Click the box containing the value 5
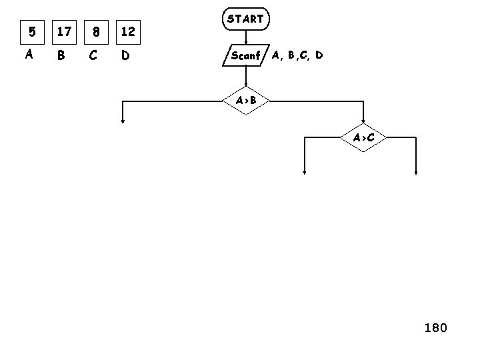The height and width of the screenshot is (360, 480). [30, 31]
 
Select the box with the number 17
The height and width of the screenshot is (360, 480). [65, 31]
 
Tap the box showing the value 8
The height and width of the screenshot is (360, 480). [97, 31]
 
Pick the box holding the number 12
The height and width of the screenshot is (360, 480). [129, 31]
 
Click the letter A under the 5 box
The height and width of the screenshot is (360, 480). [29, 55]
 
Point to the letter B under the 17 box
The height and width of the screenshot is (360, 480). [61, 55]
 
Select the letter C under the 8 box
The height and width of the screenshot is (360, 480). [93, 55]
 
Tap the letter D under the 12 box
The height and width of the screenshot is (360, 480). [125, 55]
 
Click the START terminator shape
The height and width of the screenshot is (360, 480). [245, 19]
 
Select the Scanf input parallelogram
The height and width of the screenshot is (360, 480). [245, 55]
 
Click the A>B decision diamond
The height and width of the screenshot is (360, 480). [245, 101]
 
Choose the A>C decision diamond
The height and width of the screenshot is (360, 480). [363, 138]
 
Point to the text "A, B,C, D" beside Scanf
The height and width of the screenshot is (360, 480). [297, 55]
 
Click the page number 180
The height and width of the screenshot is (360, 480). [435, 327]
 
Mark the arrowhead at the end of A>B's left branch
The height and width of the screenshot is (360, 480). [123, 121]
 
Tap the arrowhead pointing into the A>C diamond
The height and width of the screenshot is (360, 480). [363, 123]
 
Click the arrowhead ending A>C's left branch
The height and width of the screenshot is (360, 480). [305, 172]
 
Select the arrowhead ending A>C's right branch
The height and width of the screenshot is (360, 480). [416, 172]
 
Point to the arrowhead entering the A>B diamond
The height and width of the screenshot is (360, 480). [245, 85]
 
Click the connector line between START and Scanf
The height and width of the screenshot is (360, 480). [245, 37]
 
